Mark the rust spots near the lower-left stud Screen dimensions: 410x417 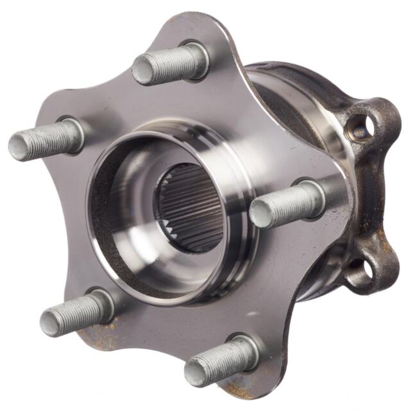[x=96, y=334]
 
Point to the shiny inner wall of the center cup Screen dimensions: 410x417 [x=128, y=212]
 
